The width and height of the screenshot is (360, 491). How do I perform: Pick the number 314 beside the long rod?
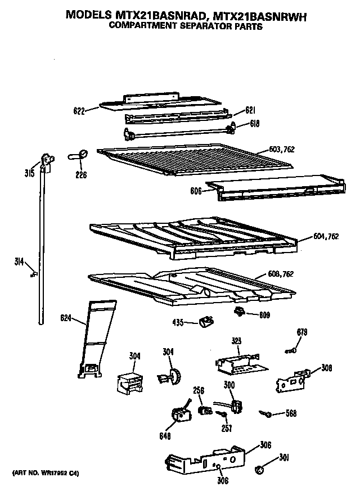click(x=20, y=260)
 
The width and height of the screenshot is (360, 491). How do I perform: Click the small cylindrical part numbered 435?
click(x=206, y=322)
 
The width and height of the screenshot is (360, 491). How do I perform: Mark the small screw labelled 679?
click(x=291, y=351)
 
